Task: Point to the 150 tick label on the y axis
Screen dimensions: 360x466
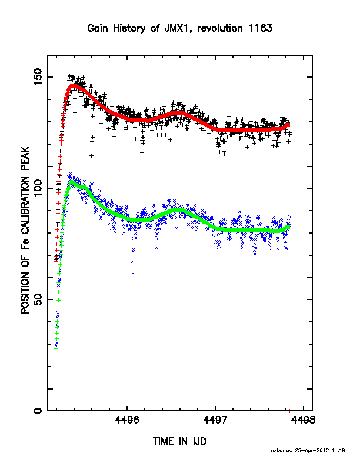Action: (x=38, y=77)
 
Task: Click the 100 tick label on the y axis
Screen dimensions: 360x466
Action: (x=38, y=188)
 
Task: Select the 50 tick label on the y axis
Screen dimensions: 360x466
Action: (x=38, y=299)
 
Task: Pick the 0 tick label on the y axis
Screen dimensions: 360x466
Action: (x=38, y=411)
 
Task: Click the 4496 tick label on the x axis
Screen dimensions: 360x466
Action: (x=127, y=420)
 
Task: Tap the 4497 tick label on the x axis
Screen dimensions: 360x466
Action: (x=215, y=420)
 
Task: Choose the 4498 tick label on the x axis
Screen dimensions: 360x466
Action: (x=304, y=420)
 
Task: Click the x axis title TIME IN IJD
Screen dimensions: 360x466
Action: (x=179, y=441)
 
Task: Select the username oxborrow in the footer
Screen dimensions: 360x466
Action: (x=282, y=451)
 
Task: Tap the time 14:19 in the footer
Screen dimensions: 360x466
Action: (x=338, y=451)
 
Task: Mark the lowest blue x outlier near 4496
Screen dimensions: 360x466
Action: (x=133, y=274)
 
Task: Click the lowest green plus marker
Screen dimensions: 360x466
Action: (x=56, y=351)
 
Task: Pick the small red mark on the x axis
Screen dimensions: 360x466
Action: (x=290, y=411)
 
